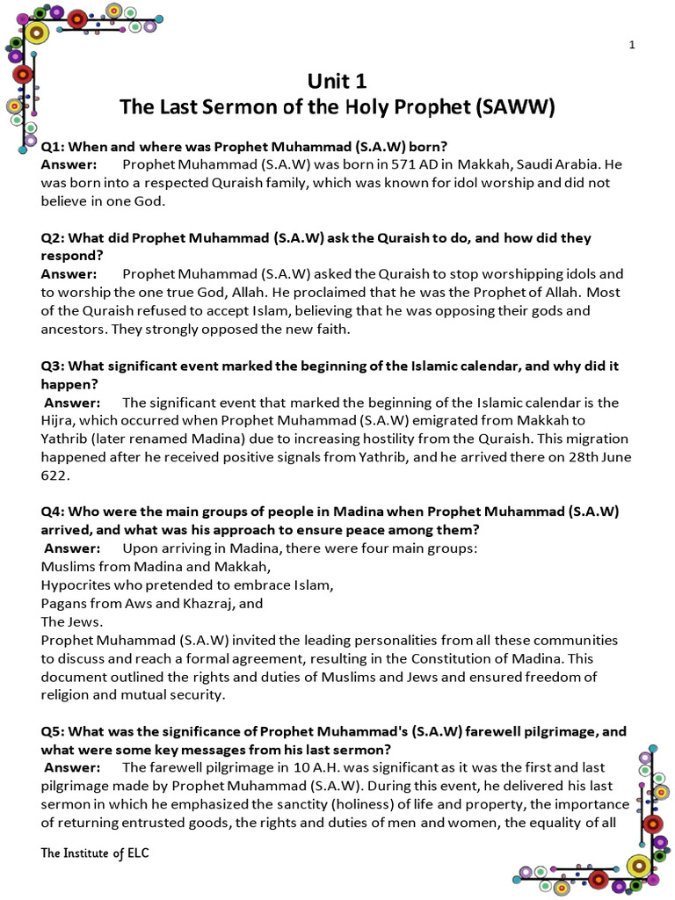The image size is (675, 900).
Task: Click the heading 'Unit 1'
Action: coord(337,82)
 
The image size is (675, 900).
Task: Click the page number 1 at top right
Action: coord(631,46)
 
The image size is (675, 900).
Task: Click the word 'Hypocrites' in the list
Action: coord(76,584)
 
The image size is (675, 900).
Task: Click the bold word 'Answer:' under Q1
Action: coord(69,164)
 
